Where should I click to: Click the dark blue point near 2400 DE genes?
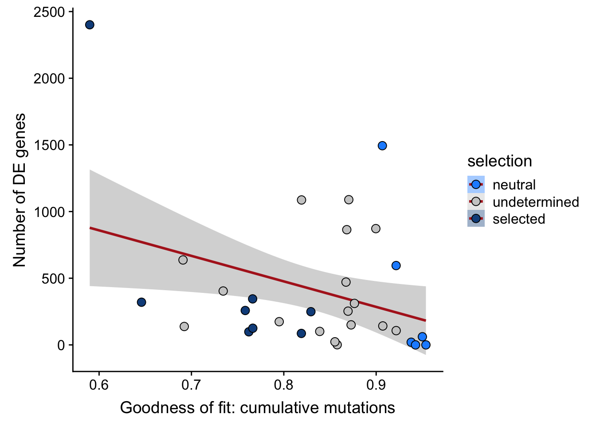click(x=90, y=25)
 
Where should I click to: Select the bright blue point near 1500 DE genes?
click(x=382, y=146)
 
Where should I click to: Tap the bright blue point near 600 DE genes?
click(x=396, y=265)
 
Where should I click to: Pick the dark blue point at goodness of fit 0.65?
click(x=141, y=302)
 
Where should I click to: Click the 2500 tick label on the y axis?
click(x=49, y=12)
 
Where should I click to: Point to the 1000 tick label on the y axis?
click(x=49, y=212)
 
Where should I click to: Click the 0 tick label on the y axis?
click(x=61, y=345)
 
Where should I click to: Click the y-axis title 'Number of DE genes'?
click(x=20, y=190)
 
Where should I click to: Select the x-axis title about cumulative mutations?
click(x=257, y=407)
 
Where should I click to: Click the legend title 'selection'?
click(x=499, y=161)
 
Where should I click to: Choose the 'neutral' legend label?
click(x=514, y=185)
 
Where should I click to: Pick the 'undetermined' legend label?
click(x=536, y=202)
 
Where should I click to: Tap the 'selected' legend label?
click(x=519, y=219)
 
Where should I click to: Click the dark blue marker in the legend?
click(x=476, y=219)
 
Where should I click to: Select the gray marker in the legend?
click(x=476, y=202)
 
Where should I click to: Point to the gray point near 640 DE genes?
click(x=183, y=260)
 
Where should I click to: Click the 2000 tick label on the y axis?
click(x=49, y=79)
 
